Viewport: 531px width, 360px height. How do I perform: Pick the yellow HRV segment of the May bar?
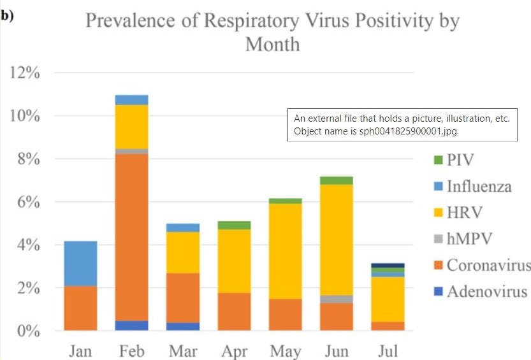pyautogui.click(x=285, y=251)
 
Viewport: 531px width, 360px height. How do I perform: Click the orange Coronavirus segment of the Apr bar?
pyautogui.click(x=234, y=312)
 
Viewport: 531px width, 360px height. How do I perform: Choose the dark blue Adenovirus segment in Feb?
pyautogui.click(x=132, y=326)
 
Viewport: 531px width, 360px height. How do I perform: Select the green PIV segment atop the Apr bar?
pyautogui.click(x=234, y=225)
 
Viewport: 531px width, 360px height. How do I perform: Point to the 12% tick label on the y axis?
pyautogui.click(x=25, y=73)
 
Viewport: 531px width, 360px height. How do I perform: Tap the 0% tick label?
pyautogui.click(x=29, y=331)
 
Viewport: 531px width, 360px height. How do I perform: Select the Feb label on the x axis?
pyautogui.click(x=132, y=350)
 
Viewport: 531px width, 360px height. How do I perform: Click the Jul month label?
pyautogui.click(x=388, y=350)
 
